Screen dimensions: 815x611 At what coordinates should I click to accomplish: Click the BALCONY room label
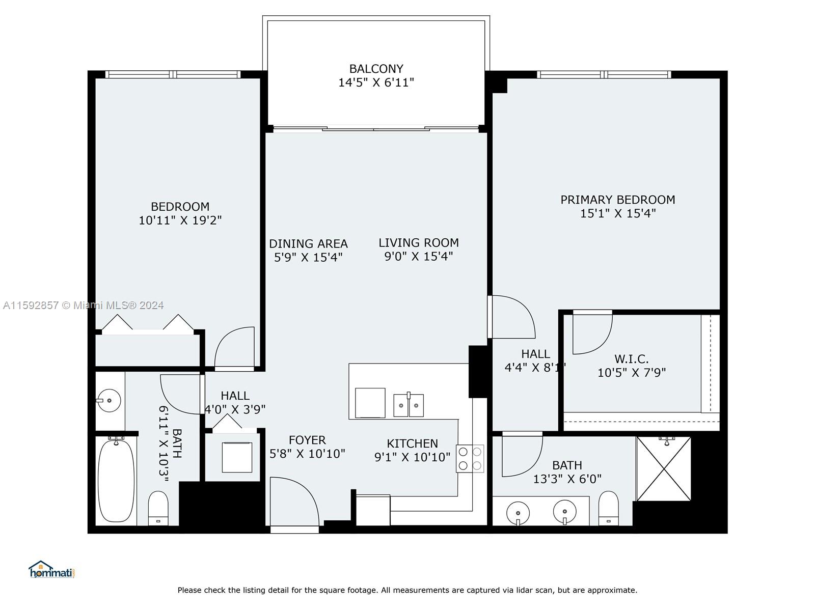(x=376, y=69)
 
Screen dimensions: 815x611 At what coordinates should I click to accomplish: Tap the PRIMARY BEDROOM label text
(x=617, y=200)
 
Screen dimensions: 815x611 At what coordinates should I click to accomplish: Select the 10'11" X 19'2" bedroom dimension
(x=180, y=220)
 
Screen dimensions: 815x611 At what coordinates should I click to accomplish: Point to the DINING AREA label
(x=308, y=244)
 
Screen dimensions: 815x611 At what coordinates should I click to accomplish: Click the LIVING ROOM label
(x=419, y=243)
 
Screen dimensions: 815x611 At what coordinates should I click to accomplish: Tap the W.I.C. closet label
(x=631, y=359)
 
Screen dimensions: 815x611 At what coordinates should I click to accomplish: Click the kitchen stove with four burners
(x=470, y=458)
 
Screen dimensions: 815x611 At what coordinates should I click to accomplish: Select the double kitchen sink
(x=409, y=405)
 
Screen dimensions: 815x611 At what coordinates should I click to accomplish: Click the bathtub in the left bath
(x=116, y=481)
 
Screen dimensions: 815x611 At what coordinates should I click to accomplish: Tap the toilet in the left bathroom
(x=158, y=508)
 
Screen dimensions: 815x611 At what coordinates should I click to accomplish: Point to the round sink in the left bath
(x=109, y=400)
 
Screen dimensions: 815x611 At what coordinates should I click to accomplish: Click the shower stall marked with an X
(x=664, y=468)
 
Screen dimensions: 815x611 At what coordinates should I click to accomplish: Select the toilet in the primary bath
(x=609, y=508)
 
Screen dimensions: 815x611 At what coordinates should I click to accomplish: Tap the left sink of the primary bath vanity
(x=518, y=513)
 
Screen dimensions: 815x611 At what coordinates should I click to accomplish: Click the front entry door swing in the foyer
(x=294, y=502)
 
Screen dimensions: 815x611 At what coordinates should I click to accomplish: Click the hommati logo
(x=52, y=569)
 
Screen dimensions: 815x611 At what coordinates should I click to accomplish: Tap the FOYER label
(x=307, y=440)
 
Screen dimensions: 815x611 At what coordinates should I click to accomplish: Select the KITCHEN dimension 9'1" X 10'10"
(x=412, y=457)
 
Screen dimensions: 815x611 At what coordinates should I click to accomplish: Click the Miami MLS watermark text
(x=83, y=305)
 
